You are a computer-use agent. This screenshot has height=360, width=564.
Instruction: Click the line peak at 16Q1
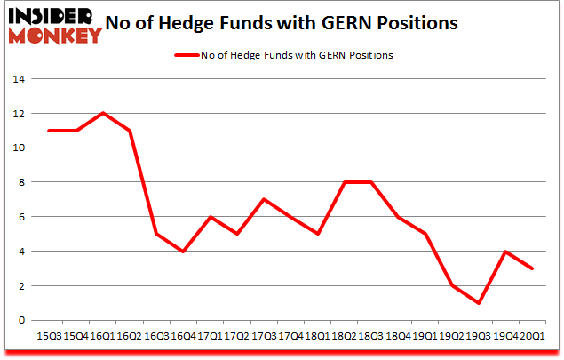click(103, 113)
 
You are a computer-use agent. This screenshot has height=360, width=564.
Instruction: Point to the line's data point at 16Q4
click(183, 252)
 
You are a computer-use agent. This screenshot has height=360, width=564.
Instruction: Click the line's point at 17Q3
click(263, 199)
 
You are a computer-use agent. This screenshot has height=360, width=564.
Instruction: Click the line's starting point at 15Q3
click(50, 131)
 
